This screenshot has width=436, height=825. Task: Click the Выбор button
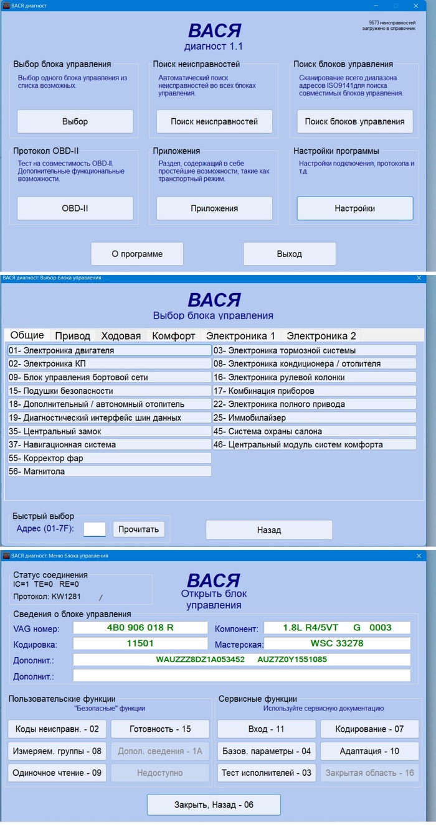[75, 121]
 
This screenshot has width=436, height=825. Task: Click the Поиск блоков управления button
[354, 121]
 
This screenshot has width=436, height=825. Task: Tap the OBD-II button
[75, 208]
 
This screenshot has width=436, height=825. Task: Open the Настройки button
[354, 208]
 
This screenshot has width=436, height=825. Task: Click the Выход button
[289, 254]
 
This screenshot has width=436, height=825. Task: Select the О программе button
[137, 254]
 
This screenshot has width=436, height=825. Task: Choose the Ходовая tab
[121, 336]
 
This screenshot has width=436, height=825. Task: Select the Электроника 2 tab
[321, 336]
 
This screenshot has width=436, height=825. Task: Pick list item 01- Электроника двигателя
[110, 350]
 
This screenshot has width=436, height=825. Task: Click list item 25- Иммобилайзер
[315, 417]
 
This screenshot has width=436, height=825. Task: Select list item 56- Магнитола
[110, 472]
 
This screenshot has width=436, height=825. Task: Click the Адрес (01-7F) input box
[95, 529]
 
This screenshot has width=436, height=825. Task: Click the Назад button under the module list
[269, 530]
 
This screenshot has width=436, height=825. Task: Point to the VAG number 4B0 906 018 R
[140, 627]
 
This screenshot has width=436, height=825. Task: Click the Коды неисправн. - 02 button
[57, 729]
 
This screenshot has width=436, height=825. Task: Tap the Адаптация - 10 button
[369, 751]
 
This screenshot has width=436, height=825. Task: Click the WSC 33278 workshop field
[337, 643]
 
